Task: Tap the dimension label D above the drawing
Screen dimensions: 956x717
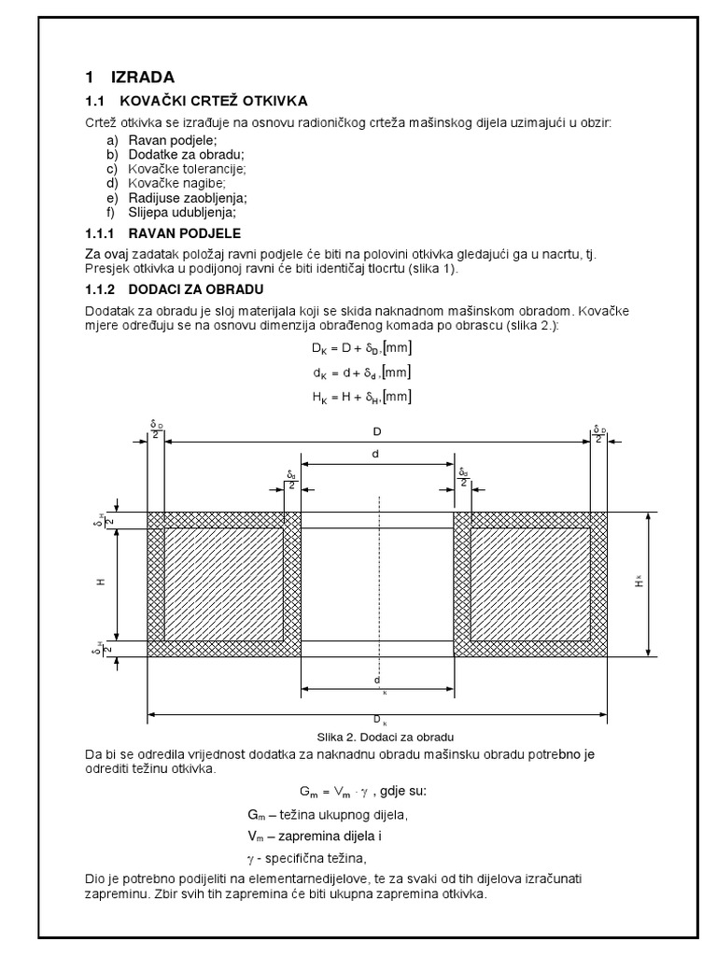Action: point(377,432)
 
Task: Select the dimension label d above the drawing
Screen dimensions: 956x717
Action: point(377,455)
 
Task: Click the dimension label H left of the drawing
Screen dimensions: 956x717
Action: point(101,581)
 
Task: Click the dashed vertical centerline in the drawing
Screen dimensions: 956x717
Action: point(378,579)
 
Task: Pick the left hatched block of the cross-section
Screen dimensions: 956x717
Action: point(224,584)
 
